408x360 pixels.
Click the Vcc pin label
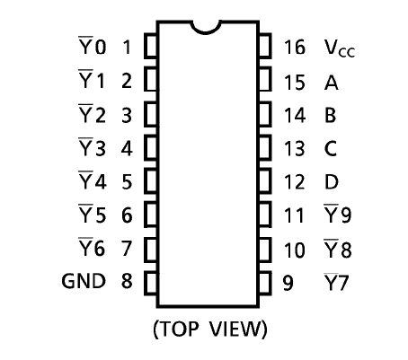340,48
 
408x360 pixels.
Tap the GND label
84,281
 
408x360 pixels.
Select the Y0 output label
93,46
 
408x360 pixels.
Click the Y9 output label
338,214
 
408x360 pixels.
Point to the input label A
332,83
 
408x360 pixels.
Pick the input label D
332,181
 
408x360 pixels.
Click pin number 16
295,47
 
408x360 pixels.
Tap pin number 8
127,281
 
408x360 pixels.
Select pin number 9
288,283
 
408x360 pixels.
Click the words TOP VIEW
210,329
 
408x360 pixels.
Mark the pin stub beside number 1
151,46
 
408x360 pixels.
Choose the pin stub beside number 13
265,147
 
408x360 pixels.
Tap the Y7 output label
336,282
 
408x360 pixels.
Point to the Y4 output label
93,180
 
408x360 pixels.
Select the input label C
331,148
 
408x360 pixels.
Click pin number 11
294,215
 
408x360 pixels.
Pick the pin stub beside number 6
151,215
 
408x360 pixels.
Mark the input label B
331,115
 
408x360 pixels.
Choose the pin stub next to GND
151,283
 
